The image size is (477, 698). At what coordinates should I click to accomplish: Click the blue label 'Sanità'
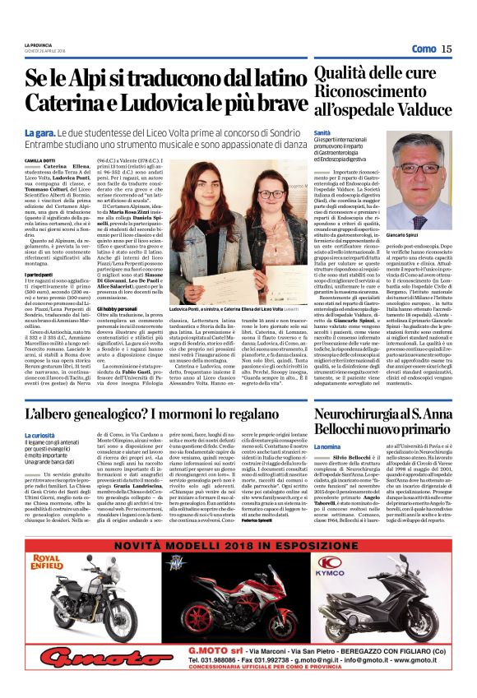tap(322, 132)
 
